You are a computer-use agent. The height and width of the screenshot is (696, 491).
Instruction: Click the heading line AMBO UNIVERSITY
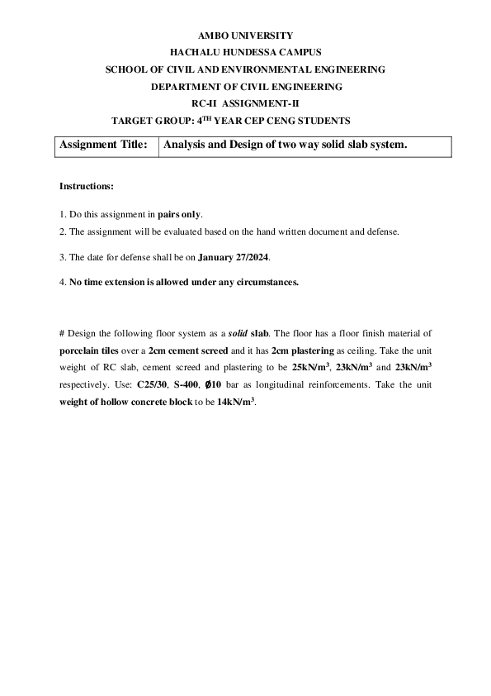(245, 36)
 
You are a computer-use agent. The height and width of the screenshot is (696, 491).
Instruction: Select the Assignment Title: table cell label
(104, 145)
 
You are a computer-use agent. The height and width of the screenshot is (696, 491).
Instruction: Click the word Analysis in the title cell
(186, 145)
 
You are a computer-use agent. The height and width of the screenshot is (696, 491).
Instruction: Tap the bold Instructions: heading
(87, 186)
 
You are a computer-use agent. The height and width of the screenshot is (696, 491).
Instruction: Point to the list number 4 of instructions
(62, 282)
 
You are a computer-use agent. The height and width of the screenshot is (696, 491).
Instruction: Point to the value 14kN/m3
(234, 401)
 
